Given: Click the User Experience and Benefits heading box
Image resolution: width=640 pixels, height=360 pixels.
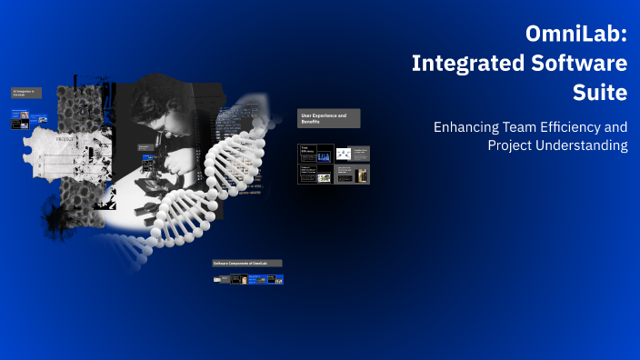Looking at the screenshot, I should [328, 118].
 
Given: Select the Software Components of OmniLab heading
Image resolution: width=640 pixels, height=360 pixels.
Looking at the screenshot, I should [246, 263].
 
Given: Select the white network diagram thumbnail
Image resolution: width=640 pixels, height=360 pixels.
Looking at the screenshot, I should [344, 154].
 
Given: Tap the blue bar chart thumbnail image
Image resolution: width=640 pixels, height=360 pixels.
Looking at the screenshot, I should [323, 157].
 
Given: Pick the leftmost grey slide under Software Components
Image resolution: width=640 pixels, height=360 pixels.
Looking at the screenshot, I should [222, 279].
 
